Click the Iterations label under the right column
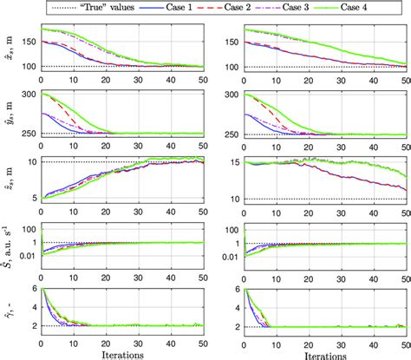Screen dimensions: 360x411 (326, 353)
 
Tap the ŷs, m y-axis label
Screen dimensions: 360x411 (8, 114)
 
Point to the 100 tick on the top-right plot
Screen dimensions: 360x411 (231, 67)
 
